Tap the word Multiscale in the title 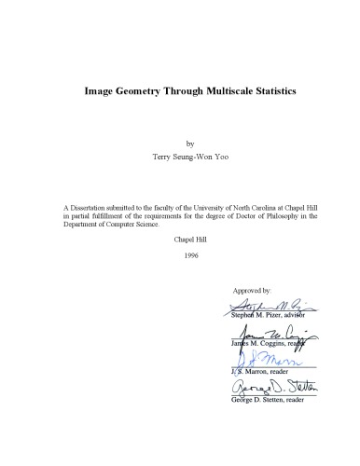tap(227, 92)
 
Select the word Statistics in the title tap(278, 92)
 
